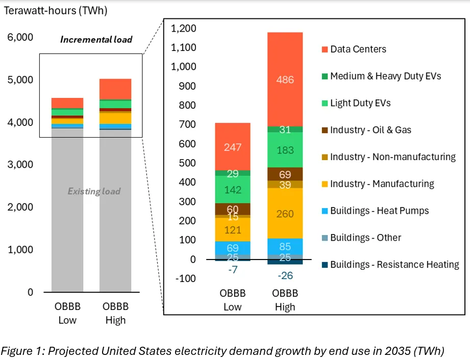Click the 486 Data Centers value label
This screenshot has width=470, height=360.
click(x=285, y=80)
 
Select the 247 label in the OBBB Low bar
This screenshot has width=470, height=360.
click(x=233, y=147)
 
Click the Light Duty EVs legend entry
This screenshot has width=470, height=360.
click(x=360, y=103)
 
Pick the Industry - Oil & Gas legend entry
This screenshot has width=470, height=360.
click(x=370, y=130)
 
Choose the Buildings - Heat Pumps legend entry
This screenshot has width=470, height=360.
click(x=379, y=211)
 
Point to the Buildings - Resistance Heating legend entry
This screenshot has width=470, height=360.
click(x=394, y=265)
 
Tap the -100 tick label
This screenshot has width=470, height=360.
click(x=187, y=278)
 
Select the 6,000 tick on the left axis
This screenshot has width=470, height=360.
click(x=20, y=37)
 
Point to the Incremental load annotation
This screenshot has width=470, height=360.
click(x=96, y=39)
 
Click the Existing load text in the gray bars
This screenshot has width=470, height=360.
click(x=94, y=192)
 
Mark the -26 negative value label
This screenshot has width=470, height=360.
click(x=285, y=276)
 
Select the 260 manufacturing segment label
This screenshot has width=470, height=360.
click(x=285, y=214)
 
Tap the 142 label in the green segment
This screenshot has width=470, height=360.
click(x=233, y=190)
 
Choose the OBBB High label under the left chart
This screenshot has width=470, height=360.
click(x=115, y=314)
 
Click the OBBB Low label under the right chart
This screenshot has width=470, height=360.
click(x=233, y=300)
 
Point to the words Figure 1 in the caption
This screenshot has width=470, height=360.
click(x=21, y=351)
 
